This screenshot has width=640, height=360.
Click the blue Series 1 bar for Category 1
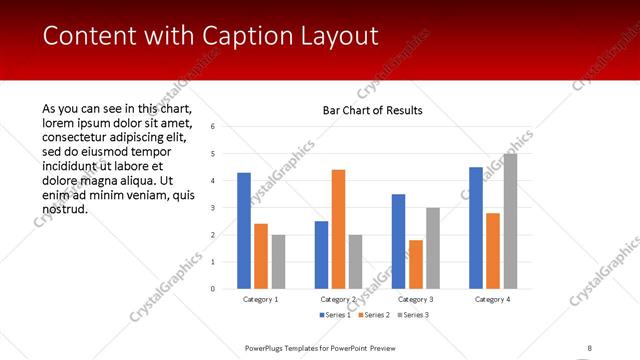[x=244, y=230]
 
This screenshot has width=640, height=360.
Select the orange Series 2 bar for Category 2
[x=338, y=229]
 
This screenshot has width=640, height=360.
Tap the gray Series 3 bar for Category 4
[x=511, y=221]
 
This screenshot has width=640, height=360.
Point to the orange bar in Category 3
[x=416, y=264]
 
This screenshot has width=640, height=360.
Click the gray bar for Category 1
[x=278, y=261]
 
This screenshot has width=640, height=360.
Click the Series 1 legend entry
[x=334, y=316]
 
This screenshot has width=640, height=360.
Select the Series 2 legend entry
[x=373, y=316]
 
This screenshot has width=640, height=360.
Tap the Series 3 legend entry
[x=413, y=316]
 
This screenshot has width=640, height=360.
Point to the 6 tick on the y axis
[x=212, y=127]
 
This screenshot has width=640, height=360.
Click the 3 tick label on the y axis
[x=212, y=208]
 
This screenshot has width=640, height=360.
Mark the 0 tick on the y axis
[x=212, y=289]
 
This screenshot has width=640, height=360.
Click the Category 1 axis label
[x=261, y=299]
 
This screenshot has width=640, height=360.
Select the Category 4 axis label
[x=492, y=299]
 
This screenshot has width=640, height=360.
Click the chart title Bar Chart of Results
[x=372, y=110]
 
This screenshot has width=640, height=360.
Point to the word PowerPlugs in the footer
[x=266, y=347]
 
